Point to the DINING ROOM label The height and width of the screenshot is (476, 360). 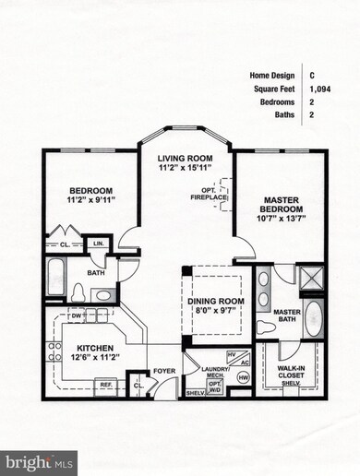click(x=213, y=301)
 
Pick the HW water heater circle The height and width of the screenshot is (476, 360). click(x=243, y=377)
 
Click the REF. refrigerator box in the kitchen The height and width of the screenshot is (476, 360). click(x=105, y=384)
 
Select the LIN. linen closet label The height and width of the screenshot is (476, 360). click(x=97, y=244)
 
